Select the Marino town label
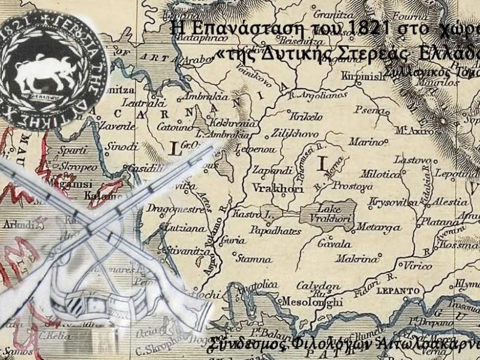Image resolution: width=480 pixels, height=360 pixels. [x=365, y=142]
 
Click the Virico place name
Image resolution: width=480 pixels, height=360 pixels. [x=419, y=265]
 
